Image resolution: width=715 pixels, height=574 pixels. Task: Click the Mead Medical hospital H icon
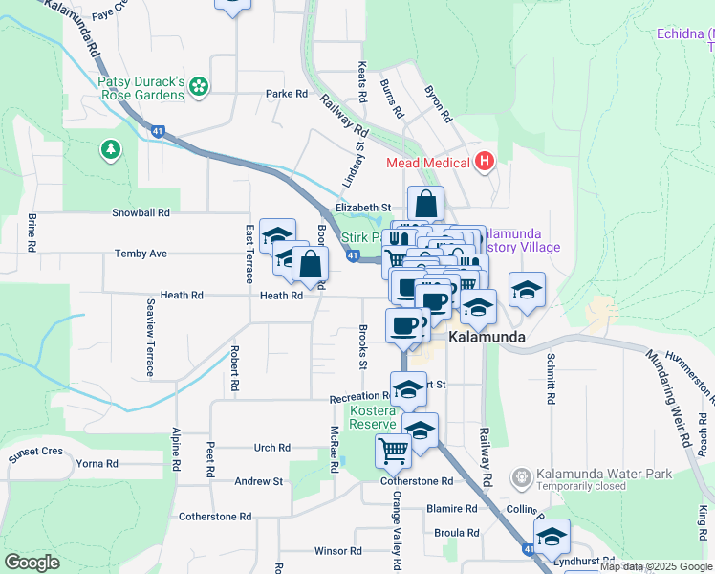(485, 161)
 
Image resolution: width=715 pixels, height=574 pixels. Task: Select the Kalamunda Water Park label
(581, 474)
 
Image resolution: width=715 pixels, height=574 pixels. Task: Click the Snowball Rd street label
(141, 212)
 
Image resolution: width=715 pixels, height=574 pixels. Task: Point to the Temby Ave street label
(141, 254)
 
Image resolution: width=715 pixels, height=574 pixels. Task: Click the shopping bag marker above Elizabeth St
(425, 203)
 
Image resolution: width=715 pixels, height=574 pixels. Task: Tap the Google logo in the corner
(32, 562)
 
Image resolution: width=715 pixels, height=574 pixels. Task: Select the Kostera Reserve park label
(372, 417)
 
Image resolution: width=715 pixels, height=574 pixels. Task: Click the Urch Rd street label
(271, 448)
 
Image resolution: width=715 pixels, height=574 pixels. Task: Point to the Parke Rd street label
(287, 94)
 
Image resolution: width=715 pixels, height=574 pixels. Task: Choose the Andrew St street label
(259, 481)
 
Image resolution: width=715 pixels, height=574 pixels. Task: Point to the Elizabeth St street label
(363, 207)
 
